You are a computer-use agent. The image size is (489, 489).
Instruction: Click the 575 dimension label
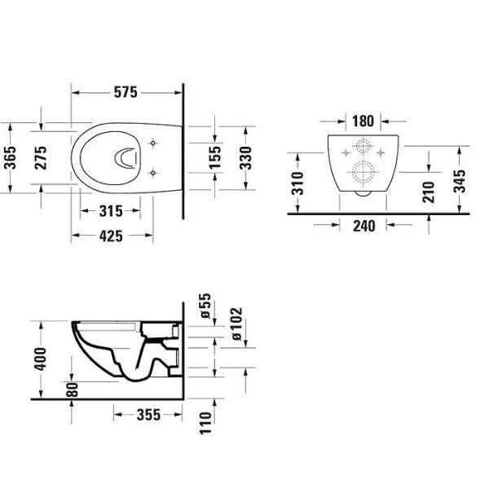126,92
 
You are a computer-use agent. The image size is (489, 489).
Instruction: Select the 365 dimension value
11,157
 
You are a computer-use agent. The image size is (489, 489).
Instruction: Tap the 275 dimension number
41,158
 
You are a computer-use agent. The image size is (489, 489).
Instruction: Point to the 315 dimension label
111,211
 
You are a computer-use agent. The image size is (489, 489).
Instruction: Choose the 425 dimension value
111,236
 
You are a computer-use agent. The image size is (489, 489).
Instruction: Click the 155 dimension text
215,157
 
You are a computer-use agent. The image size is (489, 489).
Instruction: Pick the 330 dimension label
246,158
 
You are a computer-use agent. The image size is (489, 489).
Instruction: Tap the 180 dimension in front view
363,121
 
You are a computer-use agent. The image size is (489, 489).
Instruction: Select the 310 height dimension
297,183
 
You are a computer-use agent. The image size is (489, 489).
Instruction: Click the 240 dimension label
364,226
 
